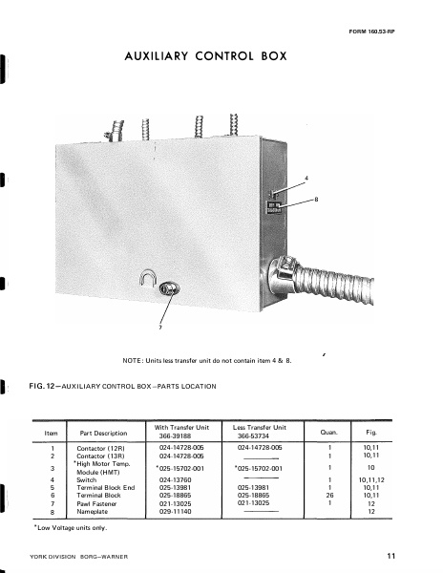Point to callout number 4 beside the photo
(x=306, y=179)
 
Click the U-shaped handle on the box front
(x=147, y=280)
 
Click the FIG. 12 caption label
(x=49, y=386)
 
